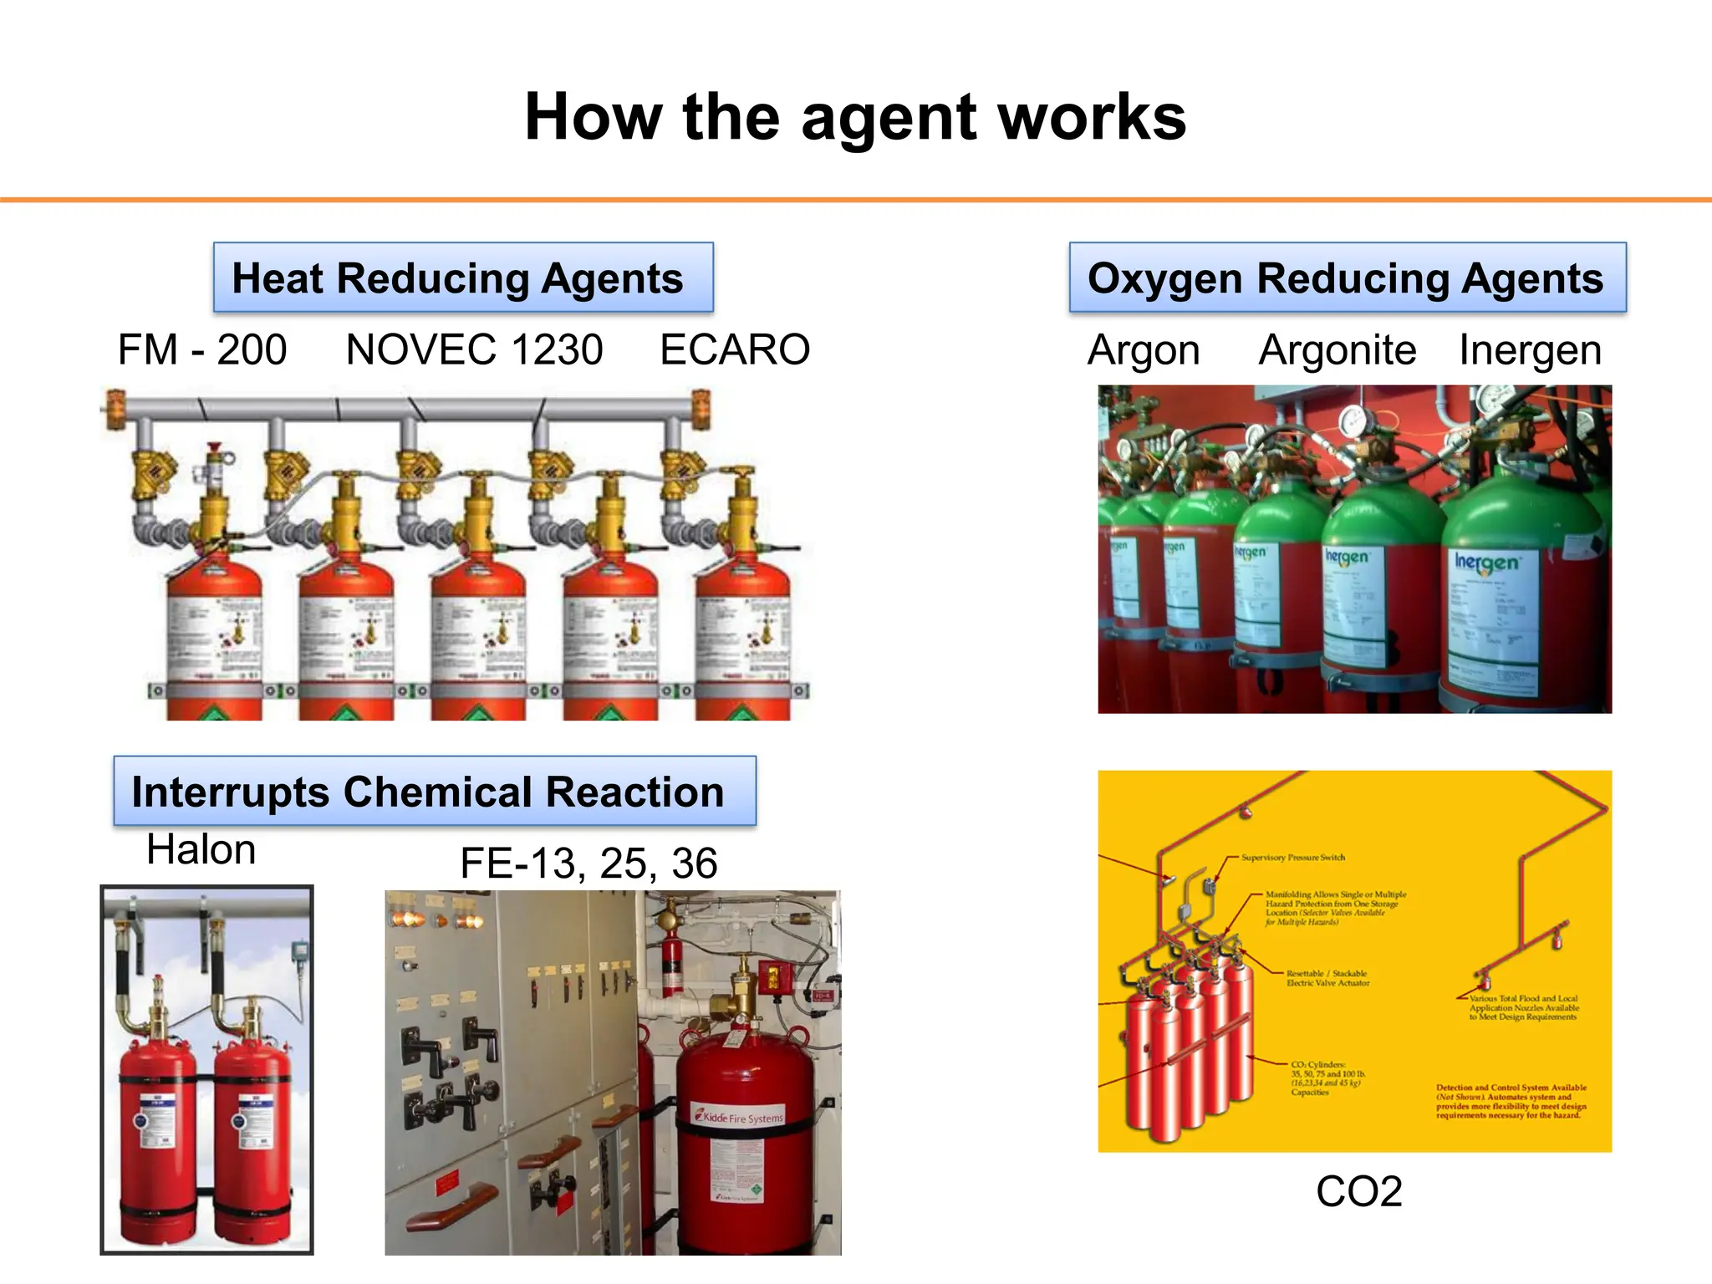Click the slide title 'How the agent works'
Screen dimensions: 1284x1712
pyautogui.click(x=855, y=117)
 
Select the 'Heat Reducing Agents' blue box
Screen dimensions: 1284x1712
pyautogui.click(x=463, y=278)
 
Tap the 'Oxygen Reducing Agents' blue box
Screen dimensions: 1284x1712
pyautogui.click(x=1348, y=278)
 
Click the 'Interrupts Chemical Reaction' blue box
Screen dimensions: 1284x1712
pyautogui.click(x=434, y=791)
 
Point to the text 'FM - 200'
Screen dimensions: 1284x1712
pyautogui.click(x=202, y=349)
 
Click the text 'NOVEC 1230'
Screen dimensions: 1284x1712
pyautogui.click(x=474, y=349)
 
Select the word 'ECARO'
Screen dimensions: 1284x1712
pyautogui.click(x=735, y=349)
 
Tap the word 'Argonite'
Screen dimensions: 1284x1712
pyautogui.click(x=1337, y=350)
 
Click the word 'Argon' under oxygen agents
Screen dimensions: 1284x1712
pyautogui.click(x=1144, y=350)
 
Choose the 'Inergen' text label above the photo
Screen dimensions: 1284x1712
pyautogui.click(x=1530, y=350)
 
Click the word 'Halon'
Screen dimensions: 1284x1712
pyautogui.click(x=201, y=850)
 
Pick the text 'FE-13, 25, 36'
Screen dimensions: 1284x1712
pyautogui.click(x=588, y=864)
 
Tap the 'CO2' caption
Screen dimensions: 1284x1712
pyautogui.click(x=1358, y=1191)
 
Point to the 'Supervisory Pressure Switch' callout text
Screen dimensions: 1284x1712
pyautogui.click(x=1292, y=858)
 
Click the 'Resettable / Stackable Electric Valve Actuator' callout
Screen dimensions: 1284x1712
pyautogui.click(x=1327, y=978)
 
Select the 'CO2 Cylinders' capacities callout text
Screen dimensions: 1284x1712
pyautogui.click(x=1327, y=1078)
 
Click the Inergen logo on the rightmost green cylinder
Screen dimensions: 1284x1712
pyautogui.click(x=1486, y=563)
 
